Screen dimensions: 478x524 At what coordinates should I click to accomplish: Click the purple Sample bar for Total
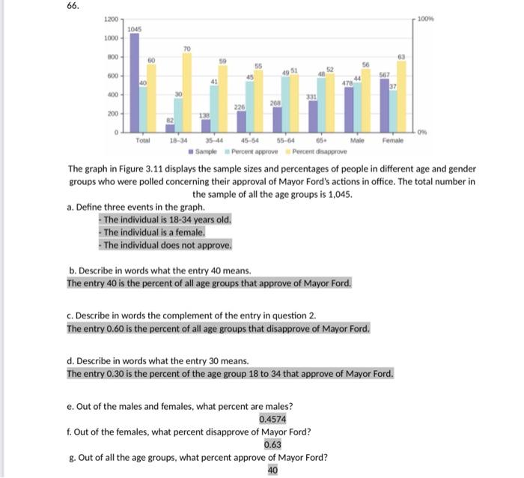click(135, 82)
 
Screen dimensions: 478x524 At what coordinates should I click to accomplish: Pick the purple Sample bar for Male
click(349, 109)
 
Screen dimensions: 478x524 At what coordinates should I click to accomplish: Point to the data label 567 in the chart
click(385, 74)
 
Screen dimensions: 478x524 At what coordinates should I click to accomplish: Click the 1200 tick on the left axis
click(110, 18)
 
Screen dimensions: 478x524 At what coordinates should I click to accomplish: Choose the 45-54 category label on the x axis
click(249, 140)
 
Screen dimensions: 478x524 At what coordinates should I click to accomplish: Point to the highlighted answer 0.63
click(272, 444)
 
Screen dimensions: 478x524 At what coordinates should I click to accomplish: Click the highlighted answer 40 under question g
click(272, 470)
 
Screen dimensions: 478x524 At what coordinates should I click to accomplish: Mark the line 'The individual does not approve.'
click(165, 245)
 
